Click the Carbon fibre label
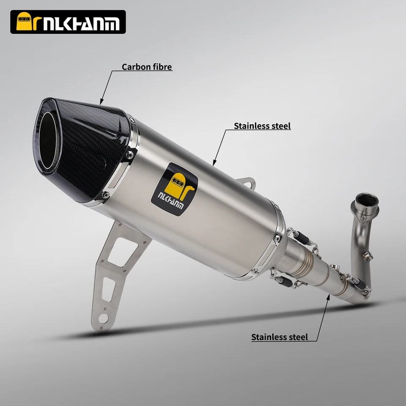[147, 67]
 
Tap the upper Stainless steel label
[262, 126]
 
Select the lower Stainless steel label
[280, 337]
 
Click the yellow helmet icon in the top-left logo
[24, 21]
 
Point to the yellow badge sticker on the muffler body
[175, 189]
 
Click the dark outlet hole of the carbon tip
[48, 140]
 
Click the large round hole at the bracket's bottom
[103, 318]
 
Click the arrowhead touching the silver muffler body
[214, 162]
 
